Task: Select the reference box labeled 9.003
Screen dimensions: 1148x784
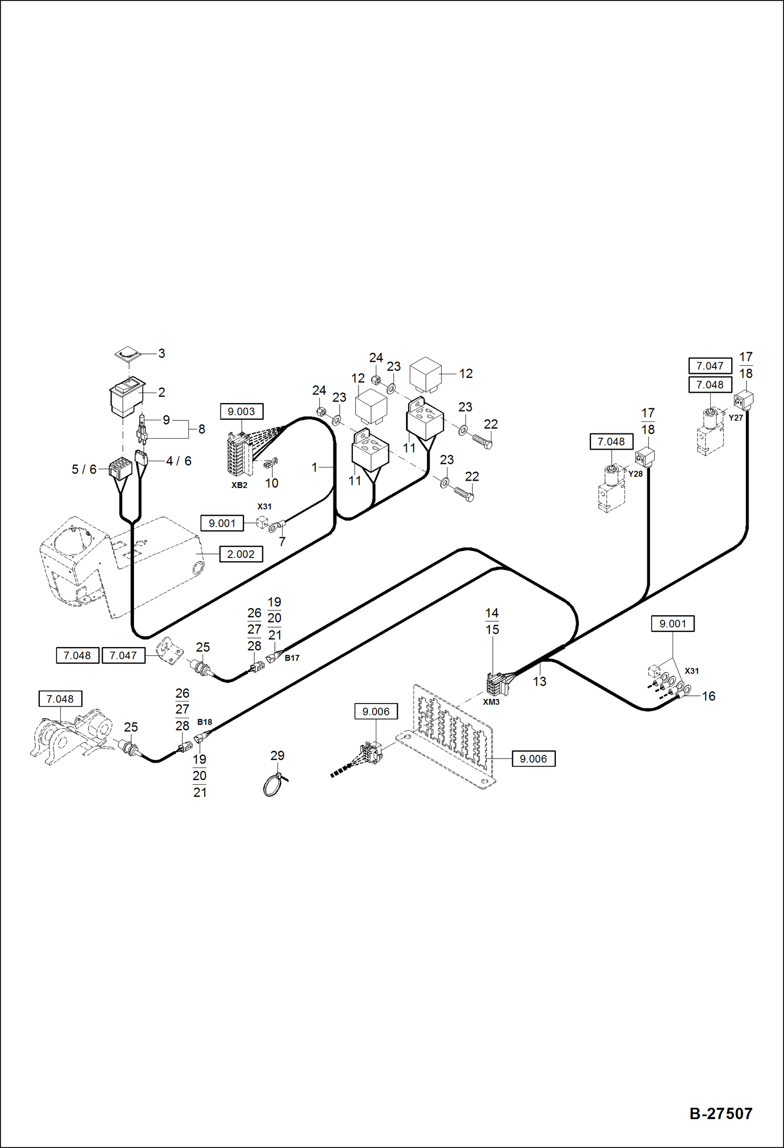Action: pyautogui.click(x=241, y=411)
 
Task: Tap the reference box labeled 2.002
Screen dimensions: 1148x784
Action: pyautogui.click(x=241, y=554)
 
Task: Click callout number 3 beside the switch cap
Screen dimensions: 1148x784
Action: pyautogui.click(x=162, y=353)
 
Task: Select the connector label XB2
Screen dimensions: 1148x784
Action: pyautogui.click(x=239, y=485)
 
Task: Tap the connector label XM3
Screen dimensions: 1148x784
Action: pyautogui.click(x=491, y=702)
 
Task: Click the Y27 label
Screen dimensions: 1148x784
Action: pyautogui.click(x=735, y=418)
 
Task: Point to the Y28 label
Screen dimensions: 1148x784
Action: pyautogui.click(x=635, y=474)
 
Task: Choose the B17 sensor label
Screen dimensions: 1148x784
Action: pyautogui.click(x=292, y=658)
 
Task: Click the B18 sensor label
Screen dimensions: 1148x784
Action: pyautogui.click(x=204, y=722)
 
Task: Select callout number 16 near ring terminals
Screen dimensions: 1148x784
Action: pyautogui.click(x=708, y=696)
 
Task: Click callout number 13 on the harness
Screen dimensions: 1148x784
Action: pyautogui.click(x=540, y=681)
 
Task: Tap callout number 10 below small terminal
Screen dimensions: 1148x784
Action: pyautogui.click(x=272, y=483)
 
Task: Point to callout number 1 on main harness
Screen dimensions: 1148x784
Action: pyautogui.click(x=315, y=467)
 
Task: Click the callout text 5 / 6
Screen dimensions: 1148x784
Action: pyautogui.click(x=84, y=469)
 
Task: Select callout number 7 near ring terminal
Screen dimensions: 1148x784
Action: pyautogui.click(x=282, y=542)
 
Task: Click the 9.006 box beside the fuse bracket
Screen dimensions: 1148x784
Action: pyautogui.click(x=533, y=759)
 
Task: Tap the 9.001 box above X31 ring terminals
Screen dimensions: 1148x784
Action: pyautogui.click(x=673, y=623)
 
